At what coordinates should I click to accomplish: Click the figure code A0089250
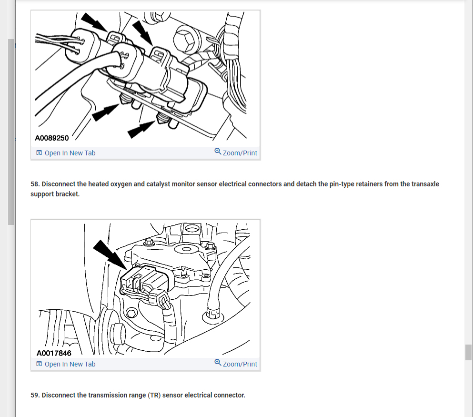[52, 138]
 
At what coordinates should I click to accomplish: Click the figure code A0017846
[54, 353]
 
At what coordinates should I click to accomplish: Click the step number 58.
[35, 184]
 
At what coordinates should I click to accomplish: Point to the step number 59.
[35, 395]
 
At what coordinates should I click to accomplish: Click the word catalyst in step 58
[158, 184]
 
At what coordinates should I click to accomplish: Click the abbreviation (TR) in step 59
[154, 395]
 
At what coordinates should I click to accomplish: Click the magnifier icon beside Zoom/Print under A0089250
[218, 151]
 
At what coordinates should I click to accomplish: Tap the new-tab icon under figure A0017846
[39, 364]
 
